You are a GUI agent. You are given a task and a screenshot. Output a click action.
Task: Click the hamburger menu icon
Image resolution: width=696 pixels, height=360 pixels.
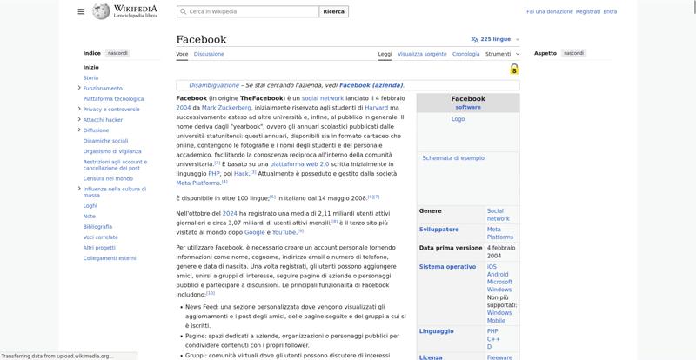[x=81, y=11]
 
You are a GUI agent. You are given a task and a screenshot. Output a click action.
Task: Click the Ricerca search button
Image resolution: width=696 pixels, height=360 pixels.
[x=333, y=11]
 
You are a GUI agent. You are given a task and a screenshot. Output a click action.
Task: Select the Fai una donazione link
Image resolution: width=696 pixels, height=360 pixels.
[x=550, y=11]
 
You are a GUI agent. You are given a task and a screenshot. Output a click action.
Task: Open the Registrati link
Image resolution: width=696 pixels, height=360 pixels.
[x=588, y=11]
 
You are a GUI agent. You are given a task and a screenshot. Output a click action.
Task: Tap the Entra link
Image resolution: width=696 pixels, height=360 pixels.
[x=610, y=11]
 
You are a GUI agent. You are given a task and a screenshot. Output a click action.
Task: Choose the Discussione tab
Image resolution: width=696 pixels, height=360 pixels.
[x=209, y=54]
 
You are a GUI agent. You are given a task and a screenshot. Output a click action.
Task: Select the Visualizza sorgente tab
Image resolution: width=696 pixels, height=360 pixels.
[x=422, y=54]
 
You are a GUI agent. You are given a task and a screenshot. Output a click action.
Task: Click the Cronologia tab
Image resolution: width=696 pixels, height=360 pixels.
[x=465, y=54]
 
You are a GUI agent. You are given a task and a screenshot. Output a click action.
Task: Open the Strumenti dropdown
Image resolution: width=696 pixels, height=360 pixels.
[x=500, y=54]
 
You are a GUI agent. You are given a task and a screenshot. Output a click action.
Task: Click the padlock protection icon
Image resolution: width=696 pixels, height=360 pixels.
[x=514, y=70]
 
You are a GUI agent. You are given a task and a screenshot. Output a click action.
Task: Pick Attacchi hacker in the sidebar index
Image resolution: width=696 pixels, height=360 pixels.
[x=103, y=120]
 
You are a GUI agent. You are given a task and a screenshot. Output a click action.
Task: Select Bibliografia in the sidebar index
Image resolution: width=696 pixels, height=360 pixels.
[x=97, y=226]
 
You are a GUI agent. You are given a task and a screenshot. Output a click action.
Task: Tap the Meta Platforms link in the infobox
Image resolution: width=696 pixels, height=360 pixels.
[x=499, y=233]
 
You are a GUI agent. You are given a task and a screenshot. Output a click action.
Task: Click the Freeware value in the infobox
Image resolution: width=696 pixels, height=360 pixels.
[x=499, y=357]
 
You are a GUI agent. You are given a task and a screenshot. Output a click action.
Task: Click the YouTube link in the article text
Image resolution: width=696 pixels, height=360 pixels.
[x=284, y=232]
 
